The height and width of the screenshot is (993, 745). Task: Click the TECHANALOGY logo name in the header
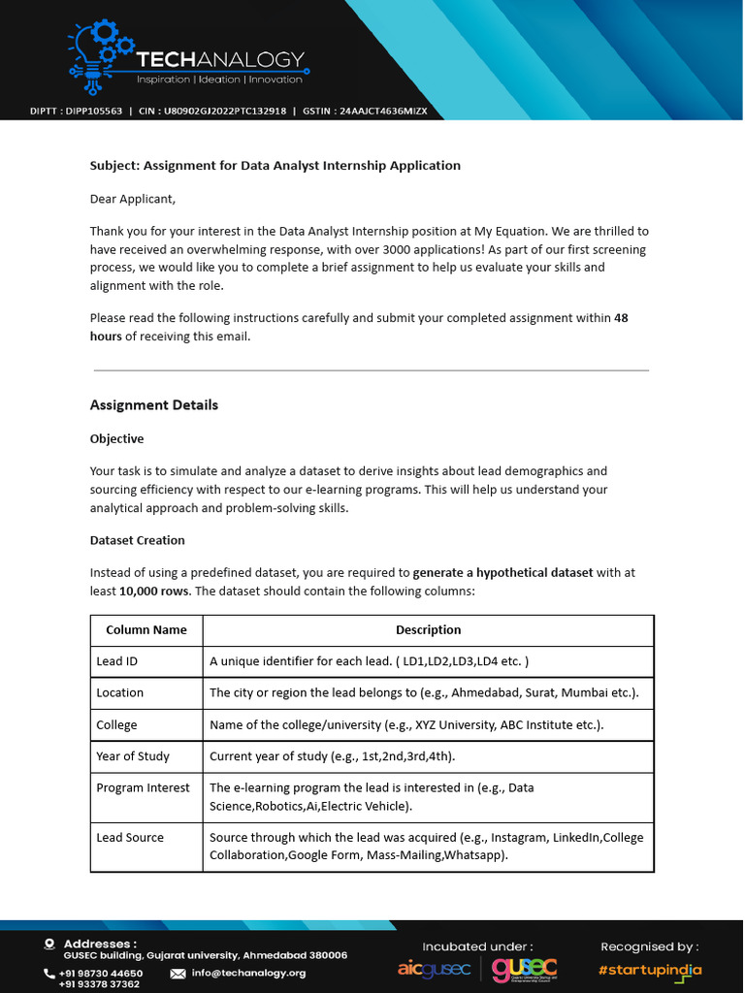220,60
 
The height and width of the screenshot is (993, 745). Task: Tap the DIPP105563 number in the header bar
94,112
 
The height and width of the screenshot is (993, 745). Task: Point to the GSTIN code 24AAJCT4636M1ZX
382,112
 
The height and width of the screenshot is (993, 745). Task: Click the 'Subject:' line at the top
275,166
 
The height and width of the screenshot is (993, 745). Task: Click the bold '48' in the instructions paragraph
621,318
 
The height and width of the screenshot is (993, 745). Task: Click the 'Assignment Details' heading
153,405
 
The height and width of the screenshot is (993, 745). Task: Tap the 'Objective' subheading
116,439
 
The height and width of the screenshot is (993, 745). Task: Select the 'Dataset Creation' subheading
137,540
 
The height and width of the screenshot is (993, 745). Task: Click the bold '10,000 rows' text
153,591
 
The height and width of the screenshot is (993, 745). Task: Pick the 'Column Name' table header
146,630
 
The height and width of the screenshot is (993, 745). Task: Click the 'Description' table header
428,630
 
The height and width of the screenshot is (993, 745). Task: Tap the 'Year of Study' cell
133,756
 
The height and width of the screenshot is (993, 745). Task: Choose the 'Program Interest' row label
143,787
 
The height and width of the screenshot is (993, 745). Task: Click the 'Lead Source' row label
130,837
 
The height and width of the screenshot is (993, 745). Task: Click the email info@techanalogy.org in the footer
248,973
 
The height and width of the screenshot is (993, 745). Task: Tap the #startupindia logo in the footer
649,970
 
